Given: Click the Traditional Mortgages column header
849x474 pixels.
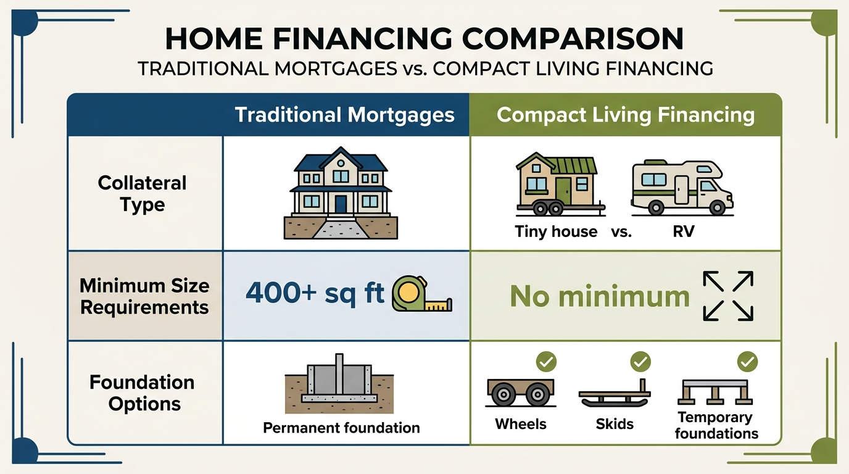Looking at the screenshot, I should (x=344, y=115).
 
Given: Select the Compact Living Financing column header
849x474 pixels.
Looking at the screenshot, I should (x=625, y=115).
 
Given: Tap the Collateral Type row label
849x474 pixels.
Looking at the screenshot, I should (x=142, y=194).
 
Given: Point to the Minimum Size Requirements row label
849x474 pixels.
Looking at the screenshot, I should (x=144, y=296).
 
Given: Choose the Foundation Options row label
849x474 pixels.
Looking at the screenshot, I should (x=142, y=393).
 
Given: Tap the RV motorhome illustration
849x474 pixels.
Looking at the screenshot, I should (x=681, y=188).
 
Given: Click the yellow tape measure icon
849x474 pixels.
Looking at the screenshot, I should (x=421, y=294).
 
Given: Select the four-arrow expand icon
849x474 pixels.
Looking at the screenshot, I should (x=728, y=296).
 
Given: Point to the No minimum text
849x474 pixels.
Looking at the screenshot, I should (x=599, y=297).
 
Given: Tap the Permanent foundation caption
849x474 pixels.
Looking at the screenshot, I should (x=341, y=428).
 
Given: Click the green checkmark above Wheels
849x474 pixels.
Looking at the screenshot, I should (x=546, y=362).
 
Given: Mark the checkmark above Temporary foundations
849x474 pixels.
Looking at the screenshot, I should (x=748, y=361).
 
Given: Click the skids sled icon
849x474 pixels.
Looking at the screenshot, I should (x=615, y=396).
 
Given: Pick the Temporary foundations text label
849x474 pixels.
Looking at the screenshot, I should (x=716, y=425).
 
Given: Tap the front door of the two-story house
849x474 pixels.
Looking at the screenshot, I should (x=341, y=204).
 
